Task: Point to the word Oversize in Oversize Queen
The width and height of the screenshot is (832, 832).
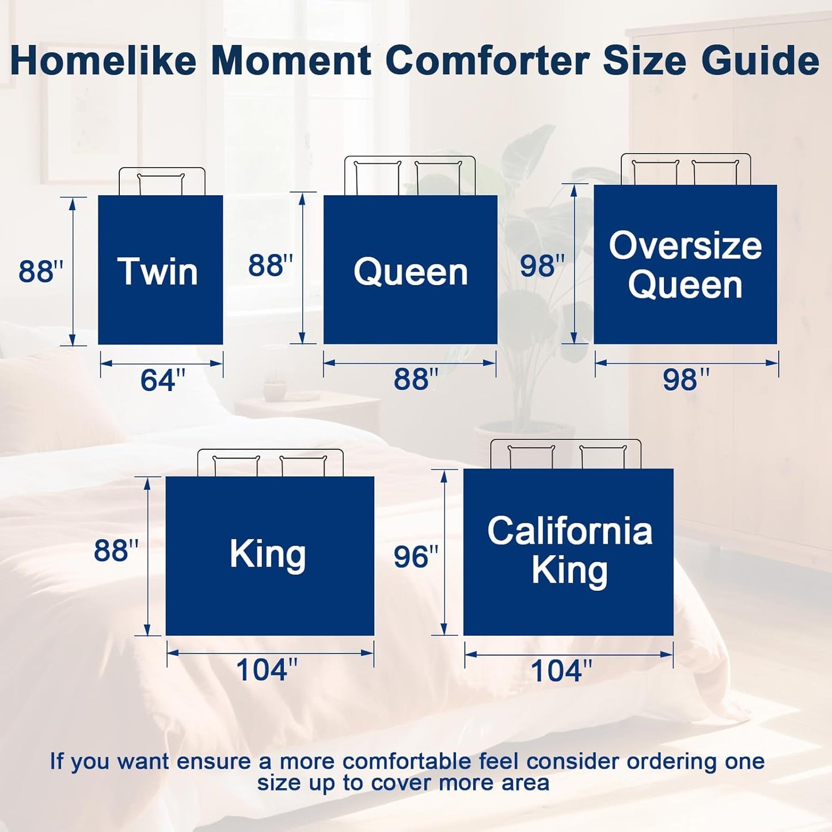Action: (685, 246)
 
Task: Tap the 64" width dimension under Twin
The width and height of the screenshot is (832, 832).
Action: (162, 381)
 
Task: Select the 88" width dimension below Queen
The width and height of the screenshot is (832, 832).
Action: (416, 379)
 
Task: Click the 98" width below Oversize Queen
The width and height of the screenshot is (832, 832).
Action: (686, 379)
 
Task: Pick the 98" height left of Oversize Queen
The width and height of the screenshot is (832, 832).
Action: (542, 265)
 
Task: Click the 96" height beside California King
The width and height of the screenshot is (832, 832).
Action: (416, 557)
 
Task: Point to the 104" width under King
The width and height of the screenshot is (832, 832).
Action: (267, 670)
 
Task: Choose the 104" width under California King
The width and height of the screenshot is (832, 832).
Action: (561, 671)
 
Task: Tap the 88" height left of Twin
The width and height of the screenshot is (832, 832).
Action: (40, 271)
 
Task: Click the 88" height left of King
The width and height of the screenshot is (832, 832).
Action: (116, 550)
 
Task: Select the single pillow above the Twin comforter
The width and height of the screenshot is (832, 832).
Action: (161, 184)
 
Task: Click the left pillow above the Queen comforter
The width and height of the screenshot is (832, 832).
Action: (377, 178)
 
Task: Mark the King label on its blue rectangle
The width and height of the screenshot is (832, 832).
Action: (268, 554)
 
